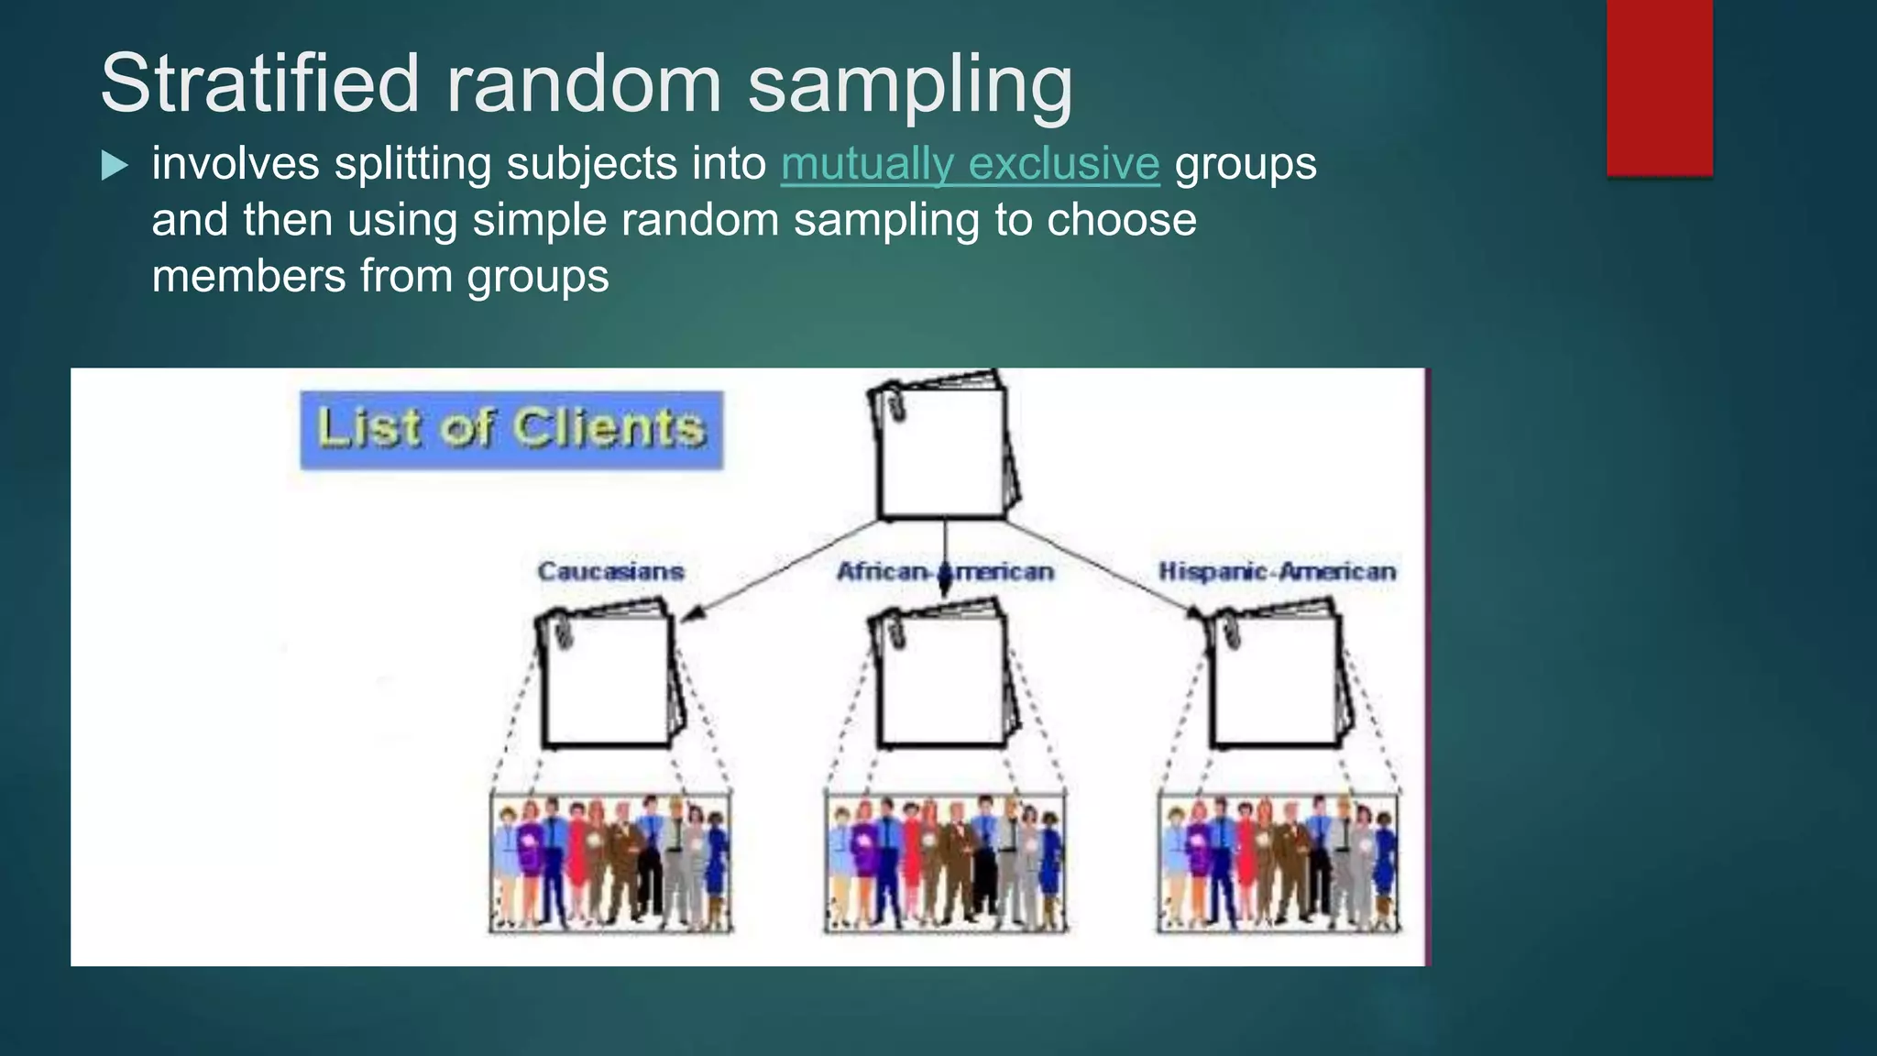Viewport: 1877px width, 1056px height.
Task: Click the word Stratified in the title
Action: [x=259, y=83]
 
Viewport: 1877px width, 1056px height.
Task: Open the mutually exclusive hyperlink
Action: [x=970, y=165]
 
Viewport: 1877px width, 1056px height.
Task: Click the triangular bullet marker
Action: [x=115, y=166]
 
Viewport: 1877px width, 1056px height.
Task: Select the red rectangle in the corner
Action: [x=1659, y=87]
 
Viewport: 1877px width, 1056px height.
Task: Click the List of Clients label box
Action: [x=511, y=430]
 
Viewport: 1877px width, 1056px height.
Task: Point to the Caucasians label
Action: [x=610, y=571]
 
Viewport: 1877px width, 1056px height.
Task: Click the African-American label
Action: [x=945, y=571]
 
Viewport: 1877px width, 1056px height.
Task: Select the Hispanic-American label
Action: [x=1277, y=571]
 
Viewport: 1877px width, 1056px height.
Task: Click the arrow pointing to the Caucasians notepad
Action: [x=779, y=570]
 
